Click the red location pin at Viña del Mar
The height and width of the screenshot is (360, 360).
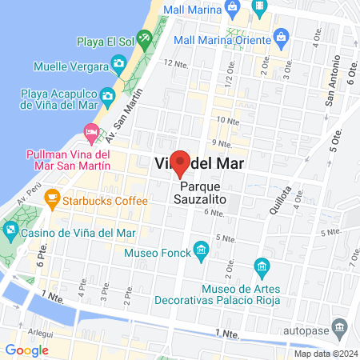click(x=181, y=162)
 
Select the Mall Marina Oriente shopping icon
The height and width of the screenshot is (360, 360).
click(x=281, y=36)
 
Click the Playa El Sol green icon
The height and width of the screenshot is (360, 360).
click(x=144, y=37)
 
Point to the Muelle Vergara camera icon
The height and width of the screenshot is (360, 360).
click(x=118, y=62)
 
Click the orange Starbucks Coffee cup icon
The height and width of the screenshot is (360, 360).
click(x=53, y=197)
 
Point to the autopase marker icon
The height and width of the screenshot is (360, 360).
click(x=340, y=328)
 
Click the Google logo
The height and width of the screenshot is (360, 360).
click(x=26, y=350)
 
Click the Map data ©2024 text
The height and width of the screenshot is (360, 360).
click(x=325, y=354)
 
